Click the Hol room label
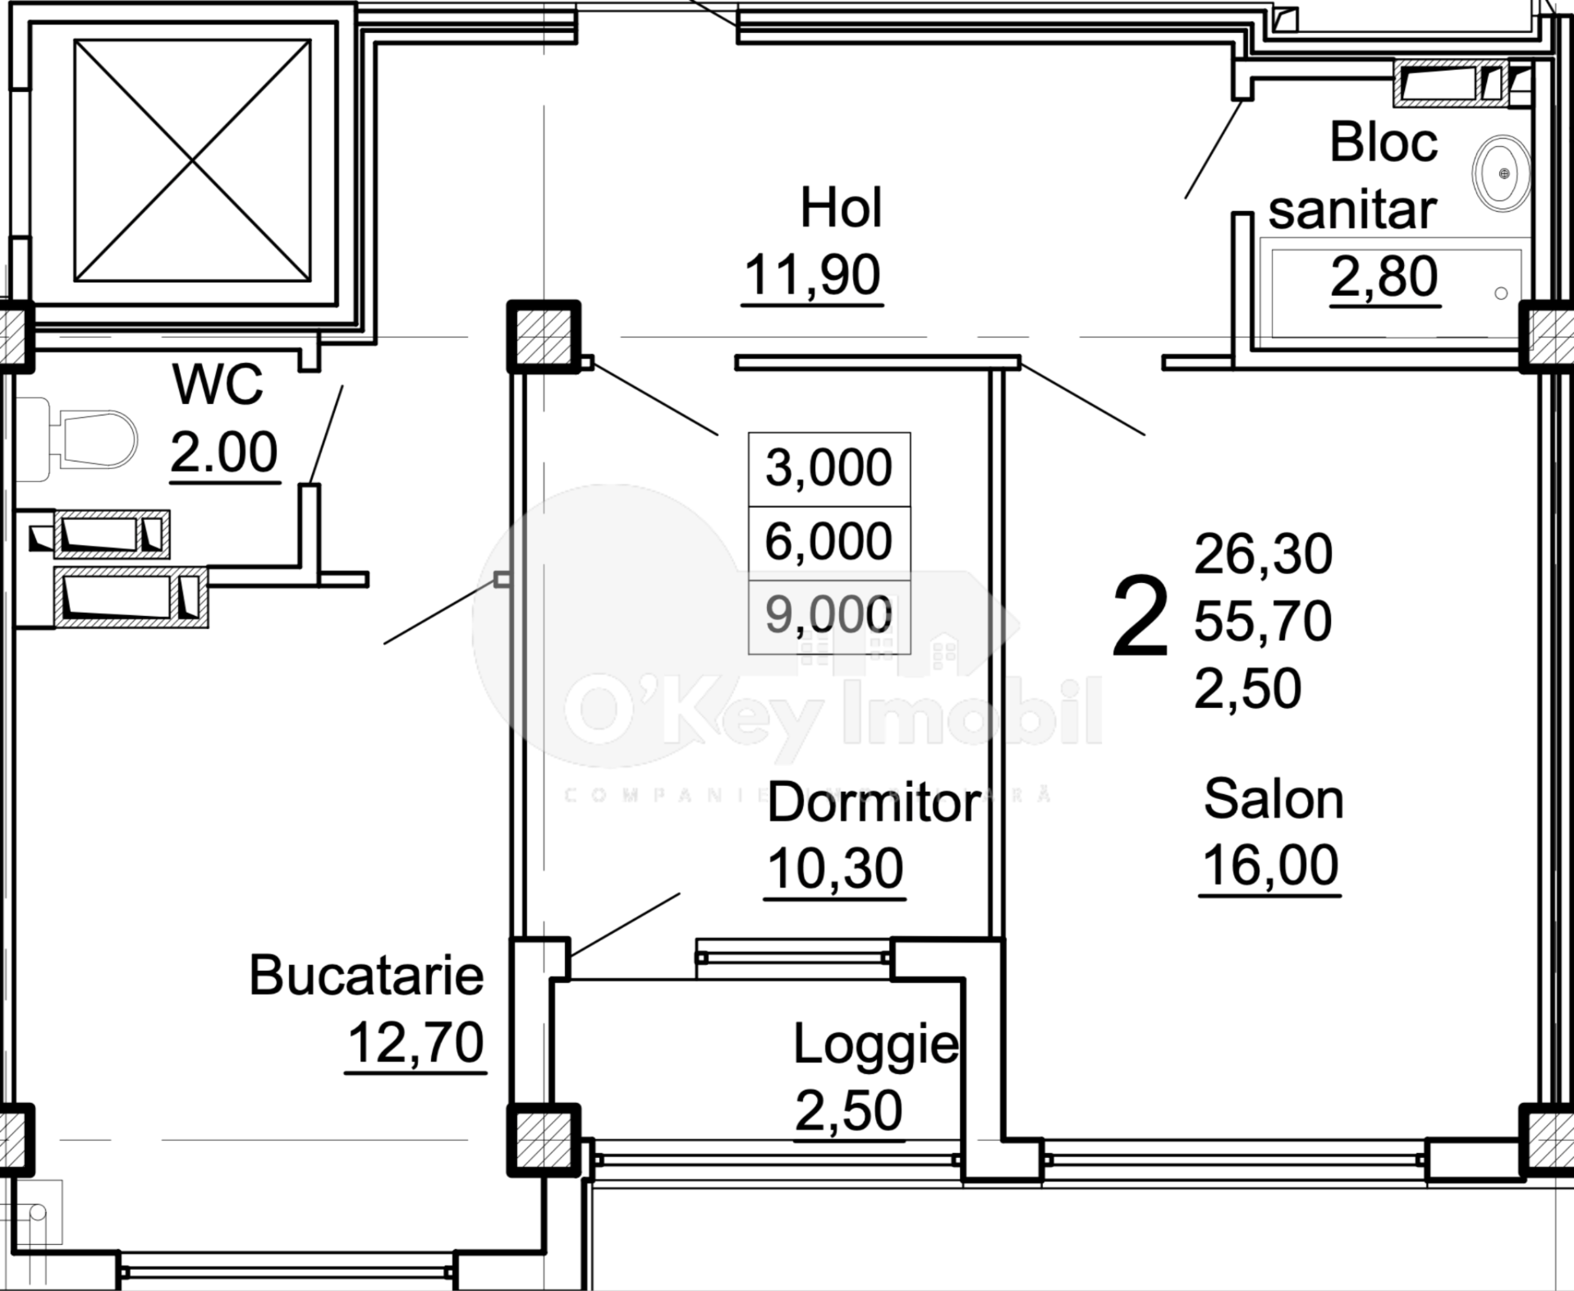click(x=841, y=208)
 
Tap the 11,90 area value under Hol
click(x=812, y=275)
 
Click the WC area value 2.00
click(x=223, y=453)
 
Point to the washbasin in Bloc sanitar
click(x=1501, y=173)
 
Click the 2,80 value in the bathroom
click(x=1384, y=277)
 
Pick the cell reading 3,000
click(x=828, y=468)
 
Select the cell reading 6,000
click(x=828, y=542)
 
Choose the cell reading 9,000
click(x=828, y=615)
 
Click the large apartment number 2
click(x=1140, y=618)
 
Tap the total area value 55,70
click(x=1262, y=621)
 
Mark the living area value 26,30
click(x=1262, y=554)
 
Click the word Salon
click(x=1273, y=799)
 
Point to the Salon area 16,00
click(x=1269, y=866)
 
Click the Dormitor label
click(x=874, y=803)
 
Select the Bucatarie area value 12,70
click(x=415, y=1043)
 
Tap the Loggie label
click(x=875, y=1045)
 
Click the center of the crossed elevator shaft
click(x=192, y=161)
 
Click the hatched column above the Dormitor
click(x=543, y=337)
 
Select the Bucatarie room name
click(x=366, y=976)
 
